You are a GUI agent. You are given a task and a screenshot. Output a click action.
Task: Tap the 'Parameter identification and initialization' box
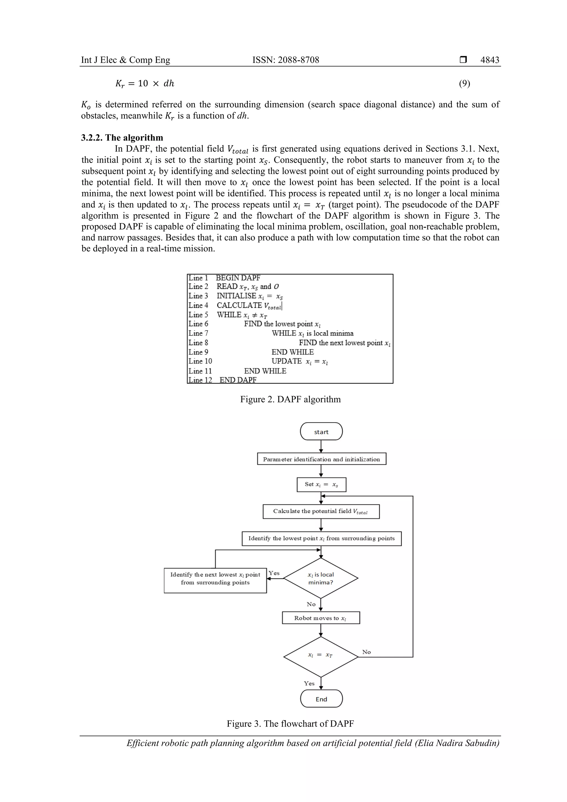(x=321, y=459)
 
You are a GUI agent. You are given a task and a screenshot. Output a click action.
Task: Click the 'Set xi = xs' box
(x=321, y=484)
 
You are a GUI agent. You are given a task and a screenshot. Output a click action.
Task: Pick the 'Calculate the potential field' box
(x=321, y=511)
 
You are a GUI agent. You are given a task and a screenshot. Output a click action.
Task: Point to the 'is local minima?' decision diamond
(x=321, y=578)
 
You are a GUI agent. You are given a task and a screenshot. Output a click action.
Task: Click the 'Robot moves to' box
(x=321, y=618)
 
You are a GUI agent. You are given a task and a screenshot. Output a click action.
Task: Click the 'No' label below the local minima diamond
(x=311, y=604)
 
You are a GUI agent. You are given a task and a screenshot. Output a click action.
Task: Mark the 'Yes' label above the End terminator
(x=309, y=684)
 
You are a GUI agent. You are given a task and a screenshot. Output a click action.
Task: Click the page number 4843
(x=489, y=60)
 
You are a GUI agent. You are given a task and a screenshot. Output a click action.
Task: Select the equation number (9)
(x=464, y=84)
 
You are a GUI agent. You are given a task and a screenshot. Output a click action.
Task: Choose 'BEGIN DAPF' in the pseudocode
(x=238, y=278)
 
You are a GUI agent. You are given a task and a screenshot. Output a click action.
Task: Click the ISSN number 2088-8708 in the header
(x=299, y=60)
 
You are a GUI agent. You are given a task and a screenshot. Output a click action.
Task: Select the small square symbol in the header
(x=463, y=60)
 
